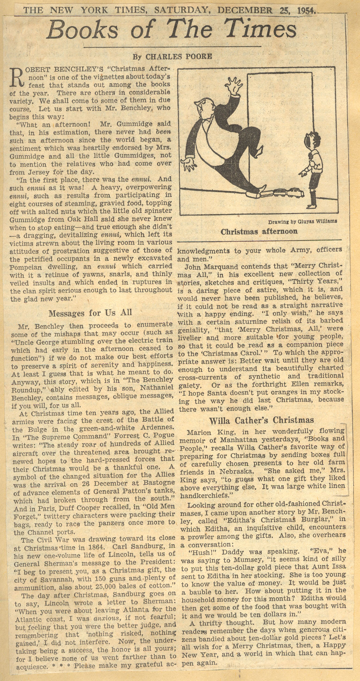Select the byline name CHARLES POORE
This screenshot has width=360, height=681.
point(179,57)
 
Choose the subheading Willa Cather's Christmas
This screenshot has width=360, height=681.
point(262,420)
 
